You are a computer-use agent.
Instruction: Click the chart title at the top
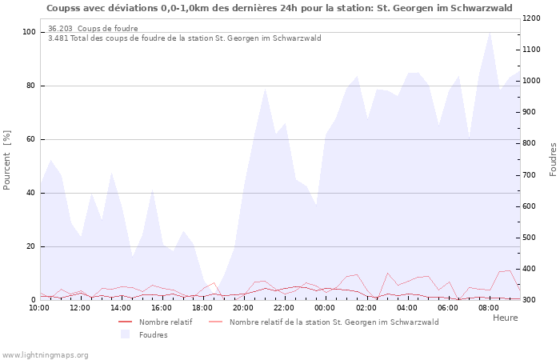click(279, 8)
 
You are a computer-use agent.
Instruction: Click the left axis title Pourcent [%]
click(7, 160)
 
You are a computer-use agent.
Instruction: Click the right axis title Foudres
click(553, 160)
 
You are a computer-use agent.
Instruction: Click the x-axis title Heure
click(505, 318)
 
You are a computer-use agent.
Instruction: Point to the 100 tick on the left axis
click(29, 32)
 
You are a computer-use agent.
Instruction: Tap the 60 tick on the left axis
click(30, 139)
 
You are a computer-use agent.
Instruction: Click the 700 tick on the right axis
click(532, 174)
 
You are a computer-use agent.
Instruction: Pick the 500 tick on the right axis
click(532, 238)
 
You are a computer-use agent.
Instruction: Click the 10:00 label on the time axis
click(39, 307)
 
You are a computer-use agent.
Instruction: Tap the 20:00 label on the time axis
click(242, 307)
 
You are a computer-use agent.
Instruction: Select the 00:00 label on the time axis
click(325, 307)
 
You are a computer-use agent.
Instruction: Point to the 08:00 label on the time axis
click(487, 307)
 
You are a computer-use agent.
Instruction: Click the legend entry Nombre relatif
click(165, 322)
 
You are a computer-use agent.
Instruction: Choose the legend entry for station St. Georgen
click(334, 322)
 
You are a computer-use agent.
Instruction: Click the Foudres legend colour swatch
click(124, 335)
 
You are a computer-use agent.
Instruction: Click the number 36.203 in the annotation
click(60, 29)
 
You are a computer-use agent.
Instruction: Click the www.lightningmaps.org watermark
click(46, 354)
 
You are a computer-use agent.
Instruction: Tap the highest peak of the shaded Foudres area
click(490, 32)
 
